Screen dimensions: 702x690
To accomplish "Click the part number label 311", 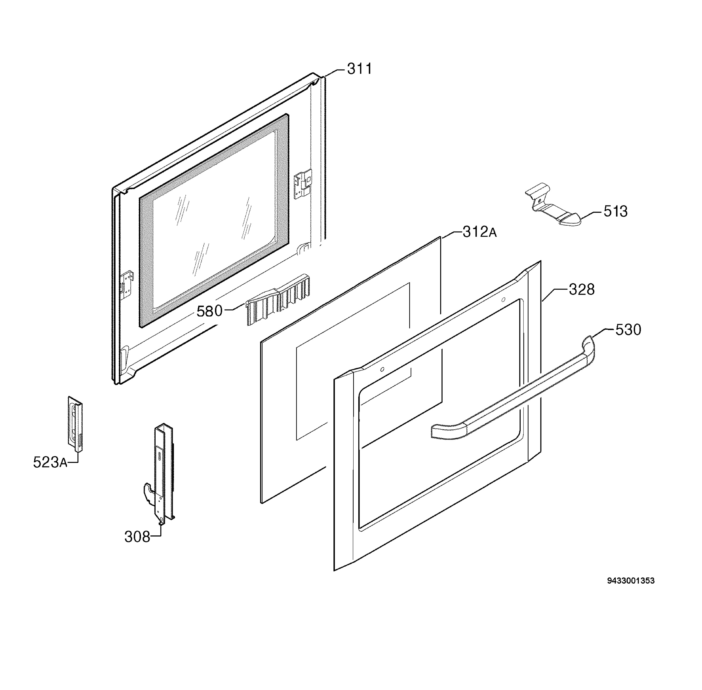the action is [359, 69].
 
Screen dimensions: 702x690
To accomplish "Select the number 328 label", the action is [581, 290].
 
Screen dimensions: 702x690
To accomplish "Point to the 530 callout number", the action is [628, 330].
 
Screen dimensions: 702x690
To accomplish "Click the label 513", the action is [615, 211].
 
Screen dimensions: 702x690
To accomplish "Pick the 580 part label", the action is [209, 311].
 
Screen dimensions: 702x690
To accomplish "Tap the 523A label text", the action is [50, 462].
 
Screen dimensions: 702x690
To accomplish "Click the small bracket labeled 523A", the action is [75, 424].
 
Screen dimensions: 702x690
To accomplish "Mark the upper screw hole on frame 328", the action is [503, 299].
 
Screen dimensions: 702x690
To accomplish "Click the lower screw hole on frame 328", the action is [382, 369].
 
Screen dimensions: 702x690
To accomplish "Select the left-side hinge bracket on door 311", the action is [127, 285].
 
